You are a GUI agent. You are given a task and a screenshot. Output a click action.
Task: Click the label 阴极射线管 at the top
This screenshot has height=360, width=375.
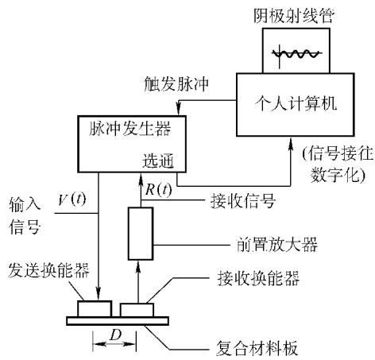click(x=294, y=16)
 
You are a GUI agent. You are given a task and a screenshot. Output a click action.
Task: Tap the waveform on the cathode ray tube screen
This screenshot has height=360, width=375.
click(x=297, y=54)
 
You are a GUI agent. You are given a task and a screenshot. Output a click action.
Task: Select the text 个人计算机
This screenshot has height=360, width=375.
click(x=296, y=103)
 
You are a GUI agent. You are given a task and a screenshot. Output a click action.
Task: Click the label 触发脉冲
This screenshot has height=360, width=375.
click(x=176, y=83)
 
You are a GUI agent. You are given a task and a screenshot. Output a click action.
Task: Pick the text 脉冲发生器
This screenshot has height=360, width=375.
click(x=130, y=129)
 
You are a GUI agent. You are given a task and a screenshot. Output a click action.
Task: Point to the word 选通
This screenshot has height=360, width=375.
click(x=158, y=161)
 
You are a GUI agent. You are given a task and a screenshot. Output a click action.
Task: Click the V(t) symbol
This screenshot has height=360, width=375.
click(x=72, y=199)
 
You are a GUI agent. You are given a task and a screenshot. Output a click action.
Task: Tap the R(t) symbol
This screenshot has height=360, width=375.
click(x=159, y=189)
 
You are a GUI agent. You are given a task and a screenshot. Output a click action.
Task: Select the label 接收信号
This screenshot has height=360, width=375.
click(x=243, y=200)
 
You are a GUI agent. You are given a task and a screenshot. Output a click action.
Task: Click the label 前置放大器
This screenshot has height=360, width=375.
click(x=276, y=244)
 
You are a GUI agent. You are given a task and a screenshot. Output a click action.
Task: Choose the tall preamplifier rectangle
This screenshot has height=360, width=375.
click(x=141, y=234)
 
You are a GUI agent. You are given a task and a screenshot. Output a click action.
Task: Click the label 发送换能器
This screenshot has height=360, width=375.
click(x=48, y=270)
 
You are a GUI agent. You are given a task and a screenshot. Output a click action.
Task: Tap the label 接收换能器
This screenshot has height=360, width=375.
click(x=258, y=278)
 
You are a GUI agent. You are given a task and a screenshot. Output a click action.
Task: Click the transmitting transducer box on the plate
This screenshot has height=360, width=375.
click(x=95, y=308)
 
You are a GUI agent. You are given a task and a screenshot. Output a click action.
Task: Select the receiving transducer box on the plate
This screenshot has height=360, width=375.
click(x=137, y=310)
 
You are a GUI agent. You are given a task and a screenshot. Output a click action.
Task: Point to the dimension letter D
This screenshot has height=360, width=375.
click(x=115, y=335)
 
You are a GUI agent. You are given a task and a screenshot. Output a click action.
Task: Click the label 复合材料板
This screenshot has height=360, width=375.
click(x=257, y=347)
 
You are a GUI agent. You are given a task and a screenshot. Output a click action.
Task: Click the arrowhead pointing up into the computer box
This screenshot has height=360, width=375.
click(x=291, y=144)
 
